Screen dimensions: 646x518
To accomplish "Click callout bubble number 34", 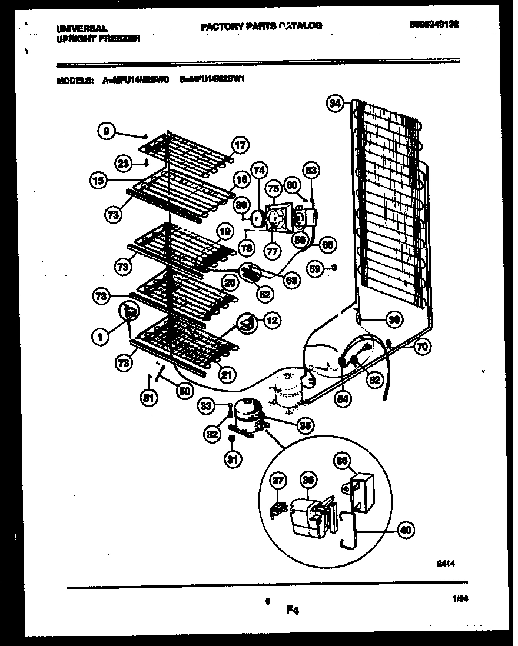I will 334,104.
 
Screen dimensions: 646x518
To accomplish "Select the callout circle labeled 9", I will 105,132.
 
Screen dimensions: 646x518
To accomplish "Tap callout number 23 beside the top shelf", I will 122,165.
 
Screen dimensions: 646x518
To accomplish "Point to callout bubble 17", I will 240,146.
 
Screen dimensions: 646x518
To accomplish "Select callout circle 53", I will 311,171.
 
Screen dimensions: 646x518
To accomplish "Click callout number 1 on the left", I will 101,337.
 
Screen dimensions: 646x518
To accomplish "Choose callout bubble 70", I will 421,347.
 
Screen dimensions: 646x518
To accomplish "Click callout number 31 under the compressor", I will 233,459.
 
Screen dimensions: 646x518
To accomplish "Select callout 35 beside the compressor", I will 304,425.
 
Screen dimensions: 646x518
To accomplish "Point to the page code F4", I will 293,611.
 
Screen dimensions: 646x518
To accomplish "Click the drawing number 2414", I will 446,564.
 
